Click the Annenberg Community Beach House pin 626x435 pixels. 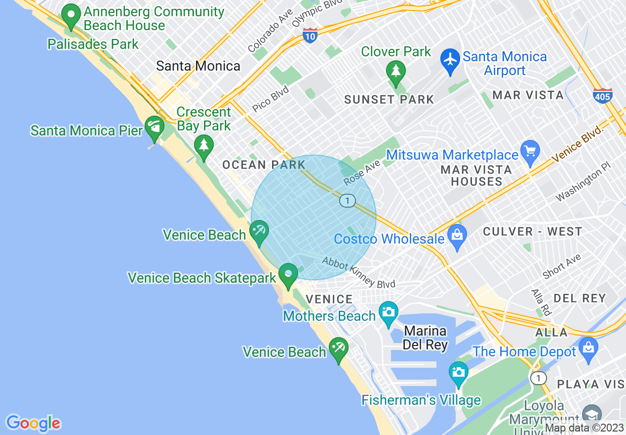pos(71,16)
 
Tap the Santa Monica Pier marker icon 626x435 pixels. pos(155,128)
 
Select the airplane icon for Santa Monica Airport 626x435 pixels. pos(450,60)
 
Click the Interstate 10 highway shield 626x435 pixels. pos(310,35)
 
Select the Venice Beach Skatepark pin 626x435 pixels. pos(288,275)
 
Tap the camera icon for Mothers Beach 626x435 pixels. pos(389,313)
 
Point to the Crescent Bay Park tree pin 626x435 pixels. pos(203,147)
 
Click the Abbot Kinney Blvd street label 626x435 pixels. pos(358,272)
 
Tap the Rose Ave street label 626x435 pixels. pos(362,173)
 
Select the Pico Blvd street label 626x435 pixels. pos(270,98)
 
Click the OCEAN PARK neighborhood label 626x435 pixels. pos(264,165)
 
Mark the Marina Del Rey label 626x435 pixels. pos(425,338)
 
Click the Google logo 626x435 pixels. pos(33,423)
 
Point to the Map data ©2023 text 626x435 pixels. pos(584,428)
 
